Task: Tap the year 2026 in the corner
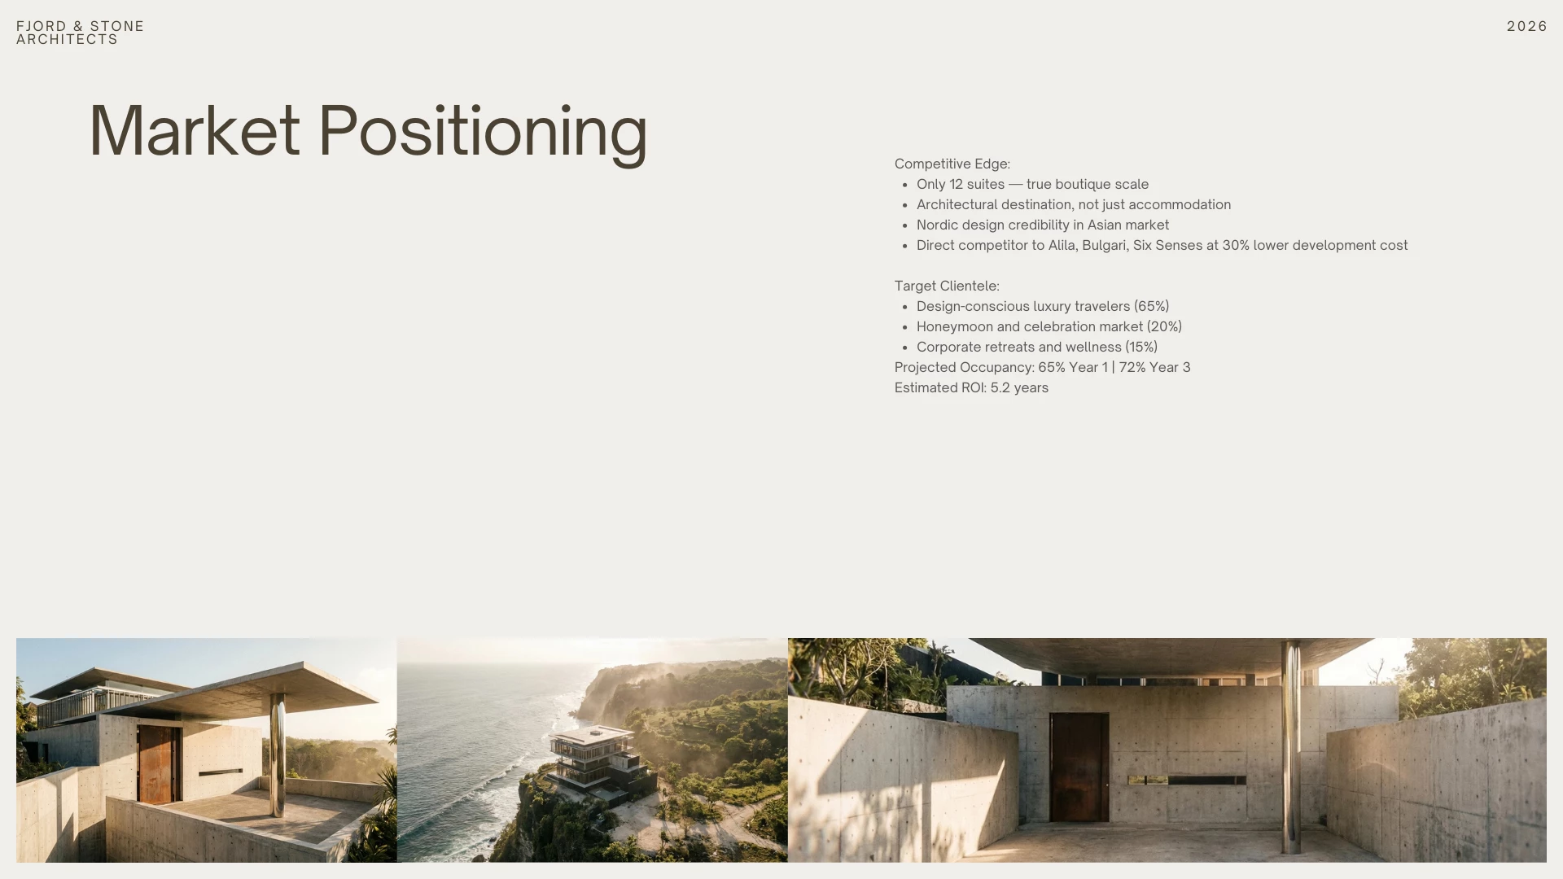pos(1527,26)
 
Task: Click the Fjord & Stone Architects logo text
pos(80,33)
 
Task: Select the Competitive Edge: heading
pos(952,164)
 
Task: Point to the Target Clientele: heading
pos(947,286)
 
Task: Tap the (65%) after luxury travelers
pos(1151,306)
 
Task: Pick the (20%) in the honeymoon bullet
pos(1164,326)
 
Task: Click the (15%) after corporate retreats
pos(1141,347)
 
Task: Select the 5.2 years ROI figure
pos(1019,387)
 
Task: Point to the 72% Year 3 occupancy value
pos(1154,367)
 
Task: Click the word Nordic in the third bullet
pos(937,225)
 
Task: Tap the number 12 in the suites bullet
pos(956,184)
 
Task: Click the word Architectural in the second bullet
pos(957,204)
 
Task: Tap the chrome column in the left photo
pos(277,754)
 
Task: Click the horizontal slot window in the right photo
pos(1187,780)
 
